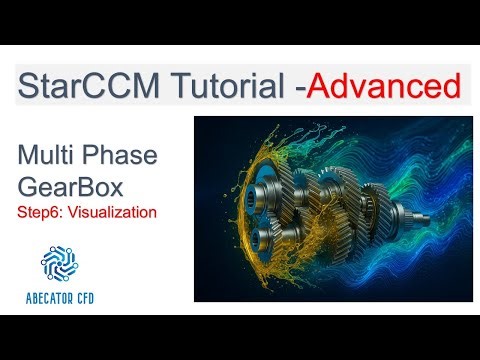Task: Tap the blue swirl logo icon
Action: click(x=60, y=262)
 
